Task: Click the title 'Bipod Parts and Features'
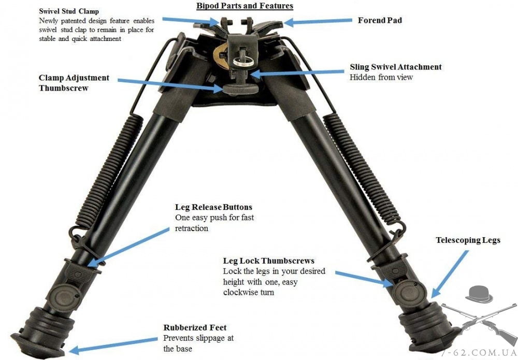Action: point(245,6)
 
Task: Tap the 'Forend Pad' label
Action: point(380,20)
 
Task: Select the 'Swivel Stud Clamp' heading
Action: point(69,11)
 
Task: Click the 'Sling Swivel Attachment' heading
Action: point(396,67)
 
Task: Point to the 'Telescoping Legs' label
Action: point(468,240)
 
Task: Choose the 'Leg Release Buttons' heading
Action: point(214,207)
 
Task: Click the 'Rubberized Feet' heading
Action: point(195,328)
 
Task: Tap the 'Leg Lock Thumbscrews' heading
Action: point(268,261)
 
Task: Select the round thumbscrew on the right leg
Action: point(405,291)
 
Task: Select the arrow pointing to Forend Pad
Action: point(318,21)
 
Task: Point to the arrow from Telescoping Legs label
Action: point(450,274)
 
